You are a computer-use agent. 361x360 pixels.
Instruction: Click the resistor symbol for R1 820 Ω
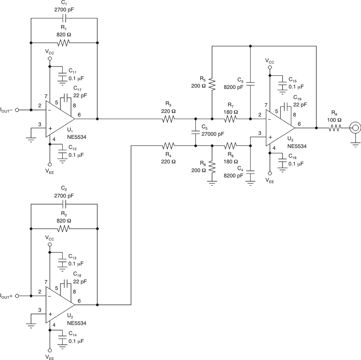pyautogui.click(x=64, y=43)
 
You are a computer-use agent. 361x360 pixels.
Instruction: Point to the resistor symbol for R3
pyautogui.click(x=169, y=119)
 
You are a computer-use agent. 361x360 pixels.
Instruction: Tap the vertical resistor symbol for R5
pyautogui.click(x=212, y=83)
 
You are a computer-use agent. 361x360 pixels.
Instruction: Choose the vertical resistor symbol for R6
pyautogui.click(x=212, y=167)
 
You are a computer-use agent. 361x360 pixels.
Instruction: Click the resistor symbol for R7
pyautogui.click(x=231, y=119)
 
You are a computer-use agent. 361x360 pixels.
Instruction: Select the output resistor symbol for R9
pyautogui.click(x=336, y=128)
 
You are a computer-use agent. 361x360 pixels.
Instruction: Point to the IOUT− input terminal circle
pyautogui.click(x=18, y=110)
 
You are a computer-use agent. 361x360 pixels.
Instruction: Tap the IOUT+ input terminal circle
pyautogui.click(x=18, y=296)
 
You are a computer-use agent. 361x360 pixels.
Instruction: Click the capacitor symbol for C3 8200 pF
pyautogui.click(x=250, y=82)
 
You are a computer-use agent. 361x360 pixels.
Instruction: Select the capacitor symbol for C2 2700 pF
pyautogui.click(x=64, y=204)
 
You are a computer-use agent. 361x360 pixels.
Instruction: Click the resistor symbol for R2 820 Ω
pyautogui.click(x=64, y=229)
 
